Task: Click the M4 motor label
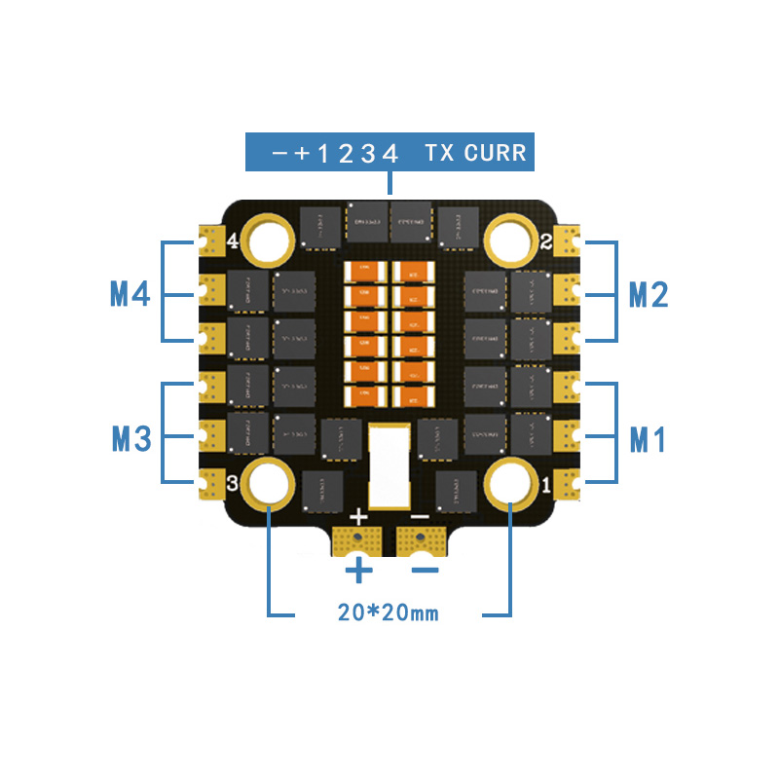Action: [130, 293]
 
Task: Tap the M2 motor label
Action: [649, 293]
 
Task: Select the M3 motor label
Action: [130, 438]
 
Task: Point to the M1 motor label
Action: [649, 438]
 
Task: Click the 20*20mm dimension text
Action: [389, 612]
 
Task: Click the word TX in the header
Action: [437, 153]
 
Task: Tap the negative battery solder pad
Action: [421, 539]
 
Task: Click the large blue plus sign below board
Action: [359, 571]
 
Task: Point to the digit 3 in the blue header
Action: [368, 153]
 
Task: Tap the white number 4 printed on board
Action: [233, 241]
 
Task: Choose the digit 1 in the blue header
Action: [323, 153]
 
